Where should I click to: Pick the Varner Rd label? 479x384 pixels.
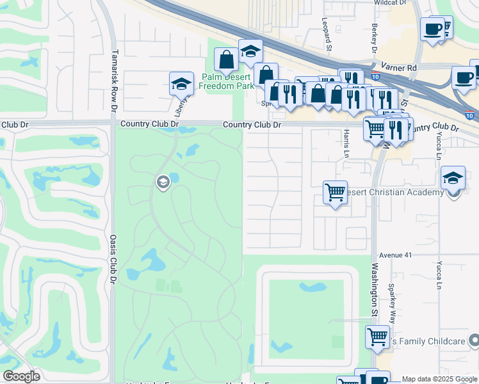coord(402,67)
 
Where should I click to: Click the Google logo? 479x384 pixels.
coord(21,376)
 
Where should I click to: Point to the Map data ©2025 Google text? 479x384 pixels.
coord(439,380)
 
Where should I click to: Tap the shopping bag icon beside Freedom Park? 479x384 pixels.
coord(226,60)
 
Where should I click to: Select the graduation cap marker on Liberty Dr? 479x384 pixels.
coord(181,83)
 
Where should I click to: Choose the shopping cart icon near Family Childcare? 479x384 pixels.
coord(377,335)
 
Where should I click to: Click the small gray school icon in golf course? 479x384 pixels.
coord(162,183)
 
